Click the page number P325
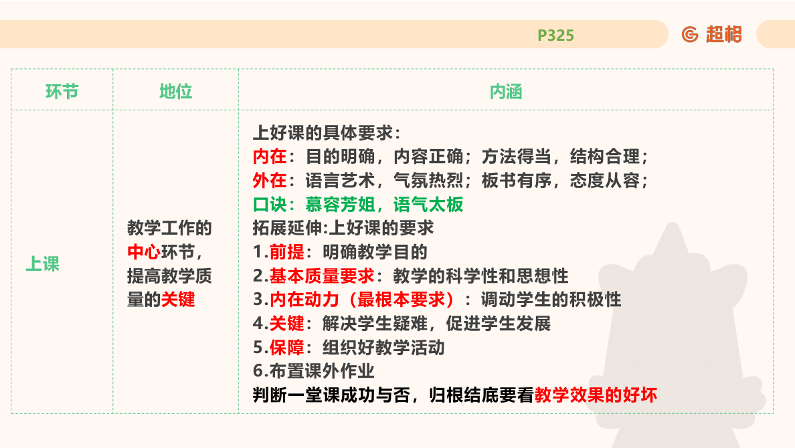coord(555,35)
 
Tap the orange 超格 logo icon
coord(690,34)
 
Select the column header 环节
coord(62,92)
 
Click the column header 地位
coord(175,92)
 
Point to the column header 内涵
coord(505,92)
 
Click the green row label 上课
coord(43,264)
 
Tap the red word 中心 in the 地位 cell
coord(143,253)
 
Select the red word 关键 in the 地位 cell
coord(178,300)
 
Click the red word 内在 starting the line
coord(270,157)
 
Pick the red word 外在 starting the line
coord(270,181)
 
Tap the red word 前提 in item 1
coord(286,252)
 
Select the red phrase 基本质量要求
coord(322,275)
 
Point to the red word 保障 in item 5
coord(286,347)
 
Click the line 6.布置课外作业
coord(313,370)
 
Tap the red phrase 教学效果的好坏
coord(596,395)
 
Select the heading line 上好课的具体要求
coord(327,133)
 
